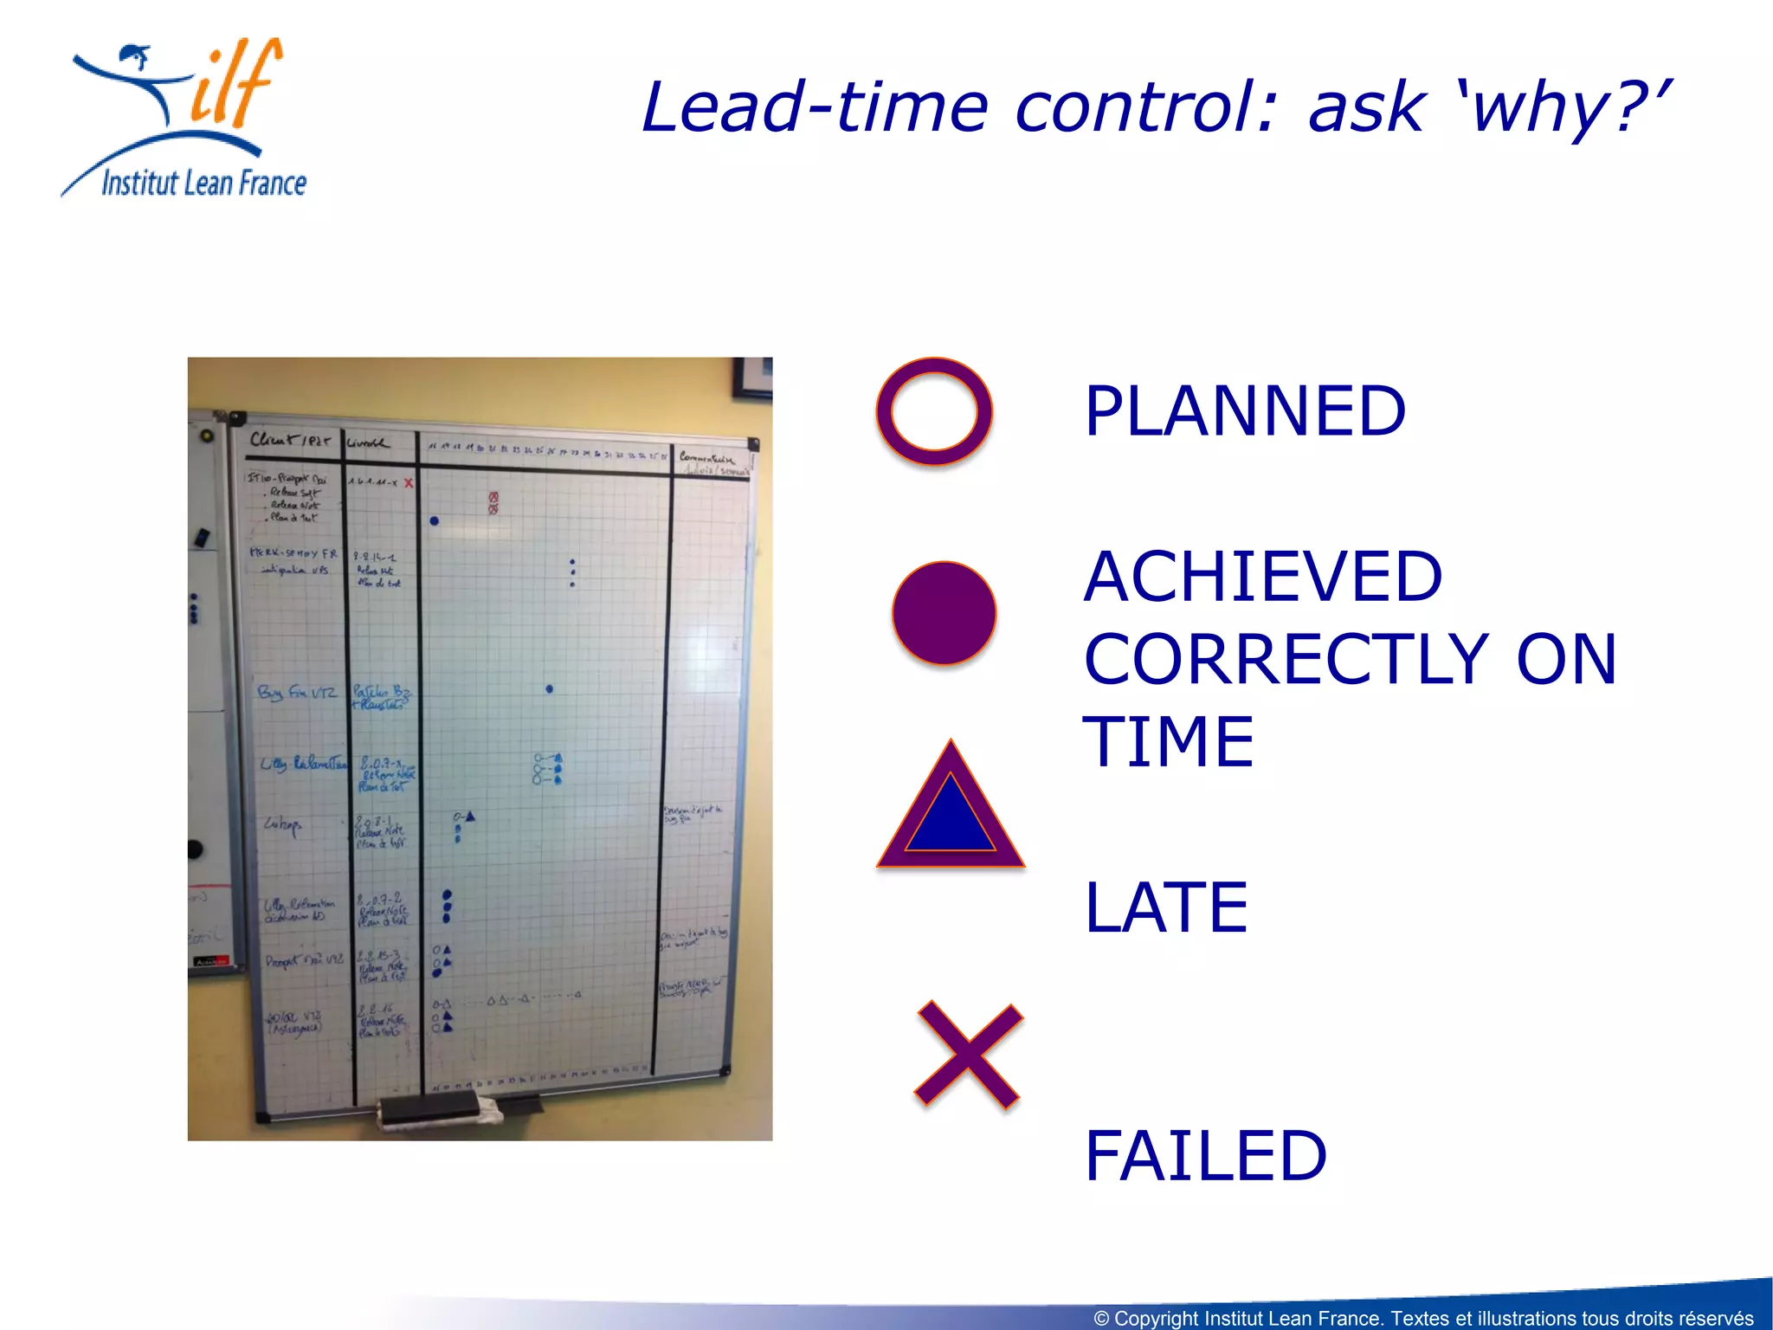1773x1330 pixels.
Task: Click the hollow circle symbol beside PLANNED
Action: click(933, 411)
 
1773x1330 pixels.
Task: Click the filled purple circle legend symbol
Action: click(944, 612)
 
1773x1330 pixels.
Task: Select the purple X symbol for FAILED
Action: click(969, 1054)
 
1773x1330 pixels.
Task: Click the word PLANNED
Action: click(1244, 411)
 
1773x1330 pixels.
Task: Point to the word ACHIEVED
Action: click(1262, 577)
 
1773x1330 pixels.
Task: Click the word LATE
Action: click(1165, 907)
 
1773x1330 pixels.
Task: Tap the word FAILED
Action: click(1205, 1156)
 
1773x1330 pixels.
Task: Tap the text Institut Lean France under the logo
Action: click(203, 184)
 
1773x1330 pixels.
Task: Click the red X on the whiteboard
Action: click(409, 482)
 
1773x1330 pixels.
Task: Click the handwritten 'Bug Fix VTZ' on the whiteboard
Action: click(297, 693)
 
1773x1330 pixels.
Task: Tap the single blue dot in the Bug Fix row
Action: click(550, 689)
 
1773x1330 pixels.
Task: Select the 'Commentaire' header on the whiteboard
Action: click(706, 458)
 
